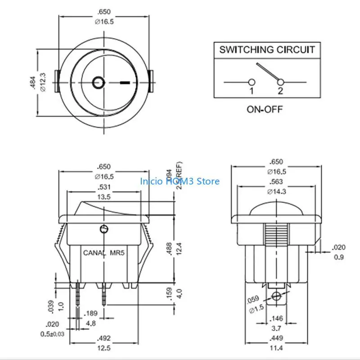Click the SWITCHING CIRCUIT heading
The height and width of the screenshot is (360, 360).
267,49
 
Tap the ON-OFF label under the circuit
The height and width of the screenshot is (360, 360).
265,109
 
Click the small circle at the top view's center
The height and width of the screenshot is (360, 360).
98,82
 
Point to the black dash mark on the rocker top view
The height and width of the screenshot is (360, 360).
126,83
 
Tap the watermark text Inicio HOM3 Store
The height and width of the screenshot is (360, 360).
180,181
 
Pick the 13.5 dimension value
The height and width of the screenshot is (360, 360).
104,196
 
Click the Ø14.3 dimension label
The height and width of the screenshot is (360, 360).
277,191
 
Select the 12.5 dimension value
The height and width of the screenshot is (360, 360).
104,348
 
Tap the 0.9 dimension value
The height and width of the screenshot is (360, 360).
339,257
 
